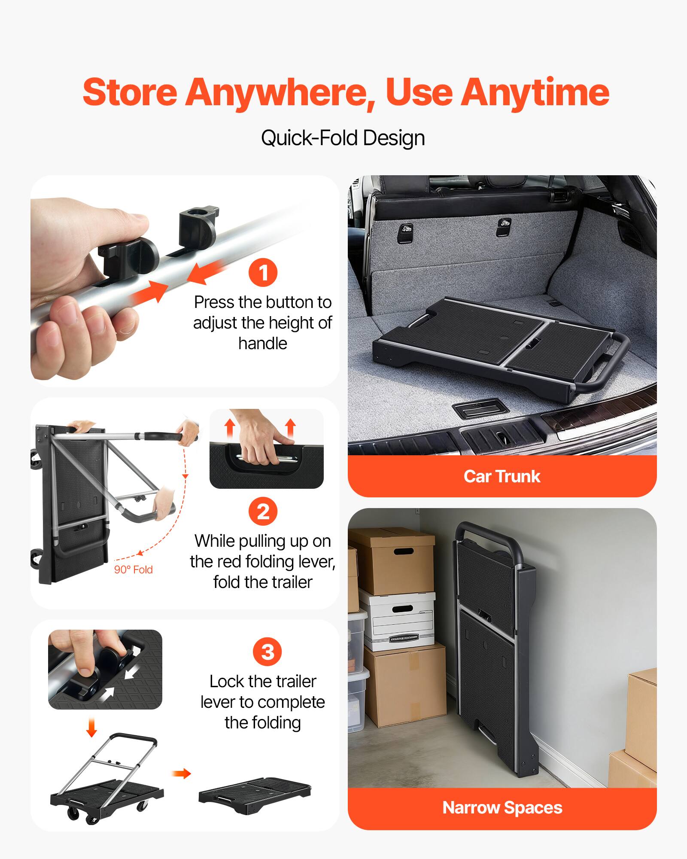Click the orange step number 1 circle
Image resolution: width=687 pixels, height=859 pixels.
point(263,272)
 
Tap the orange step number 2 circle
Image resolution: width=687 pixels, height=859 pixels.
point(263,511)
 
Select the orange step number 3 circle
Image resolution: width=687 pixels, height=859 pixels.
point(267,652)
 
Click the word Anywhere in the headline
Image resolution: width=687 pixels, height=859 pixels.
point(280,92)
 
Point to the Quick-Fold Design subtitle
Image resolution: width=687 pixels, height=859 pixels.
point(343,138)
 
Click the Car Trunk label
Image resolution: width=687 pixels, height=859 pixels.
point(502,476)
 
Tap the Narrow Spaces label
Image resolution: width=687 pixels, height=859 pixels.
point(502,807)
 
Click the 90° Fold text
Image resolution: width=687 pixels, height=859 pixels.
point(133,570)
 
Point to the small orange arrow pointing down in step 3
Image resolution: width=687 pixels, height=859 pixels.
point(91,727)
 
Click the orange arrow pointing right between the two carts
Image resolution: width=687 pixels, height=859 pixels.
point(181,774)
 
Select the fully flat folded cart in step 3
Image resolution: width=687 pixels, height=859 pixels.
point(254,795)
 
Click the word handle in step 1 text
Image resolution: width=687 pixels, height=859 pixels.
point(262,344)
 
